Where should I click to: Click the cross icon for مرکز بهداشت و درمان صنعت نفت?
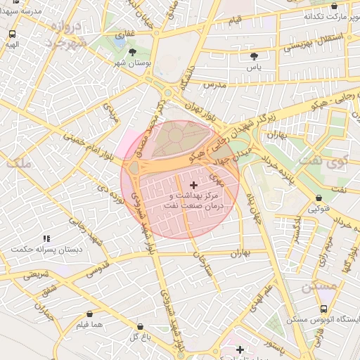tap(194, 184)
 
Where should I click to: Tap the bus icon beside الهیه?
tap(13, 34)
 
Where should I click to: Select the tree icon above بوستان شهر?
tap(133, 52)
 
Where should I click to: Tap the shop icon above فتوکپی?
tap(320, 198)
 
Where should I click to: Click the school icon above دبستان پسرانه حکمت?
tap(46, 239)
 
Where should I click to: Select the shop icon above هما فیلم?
tap(89, 314)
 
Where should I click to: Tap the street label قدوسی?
tap(96, 269)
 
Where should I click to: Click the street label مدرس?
tap(213, 84)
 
